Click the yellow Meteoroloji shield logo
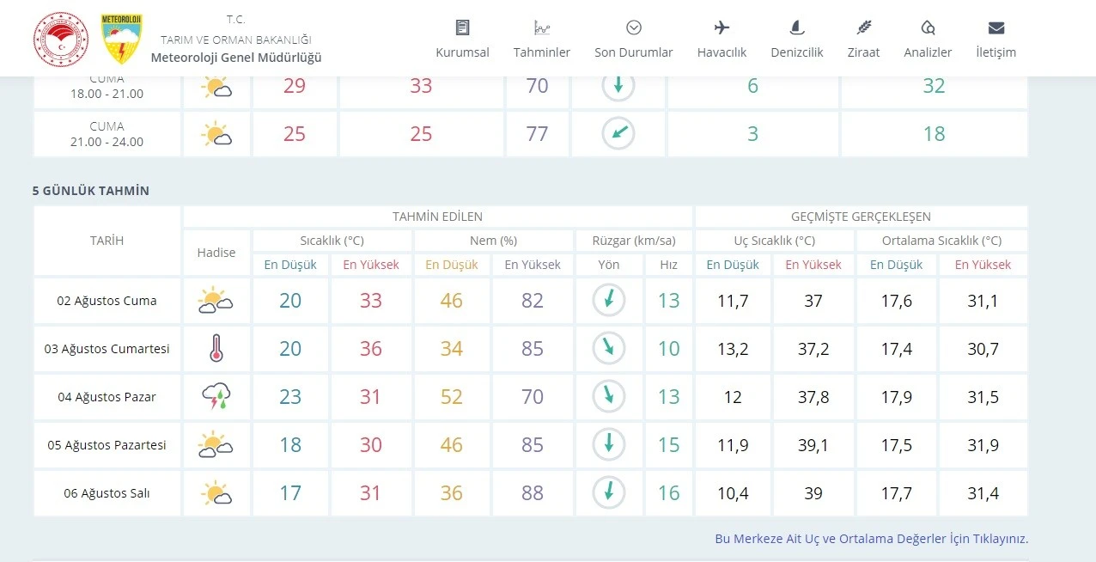[122, 39]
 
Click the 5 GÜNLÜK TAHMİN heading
[91, 191]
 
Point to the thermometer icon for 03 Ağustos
[216, 349]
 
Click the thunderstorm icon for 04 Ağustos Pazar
[216, 397]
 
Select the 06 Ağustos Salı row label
[107, 493]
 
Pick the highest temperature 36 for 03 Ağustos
[371, 349]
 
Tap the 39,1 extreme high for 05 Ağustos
[813, 445]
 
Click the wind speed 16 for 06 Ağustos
[668, 493]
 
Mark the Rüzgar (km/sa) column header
[634, 241]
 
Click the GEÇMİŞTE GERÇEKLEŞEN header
[861, 217]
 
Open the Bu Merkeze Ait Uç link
[871, 539]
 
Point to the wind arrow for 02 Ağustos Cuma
[609, 300]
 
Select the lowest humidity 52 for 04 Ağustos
[451, 397]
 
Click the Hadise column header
[216, 253]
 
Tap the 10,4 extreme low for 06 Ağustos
[733, 493]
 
